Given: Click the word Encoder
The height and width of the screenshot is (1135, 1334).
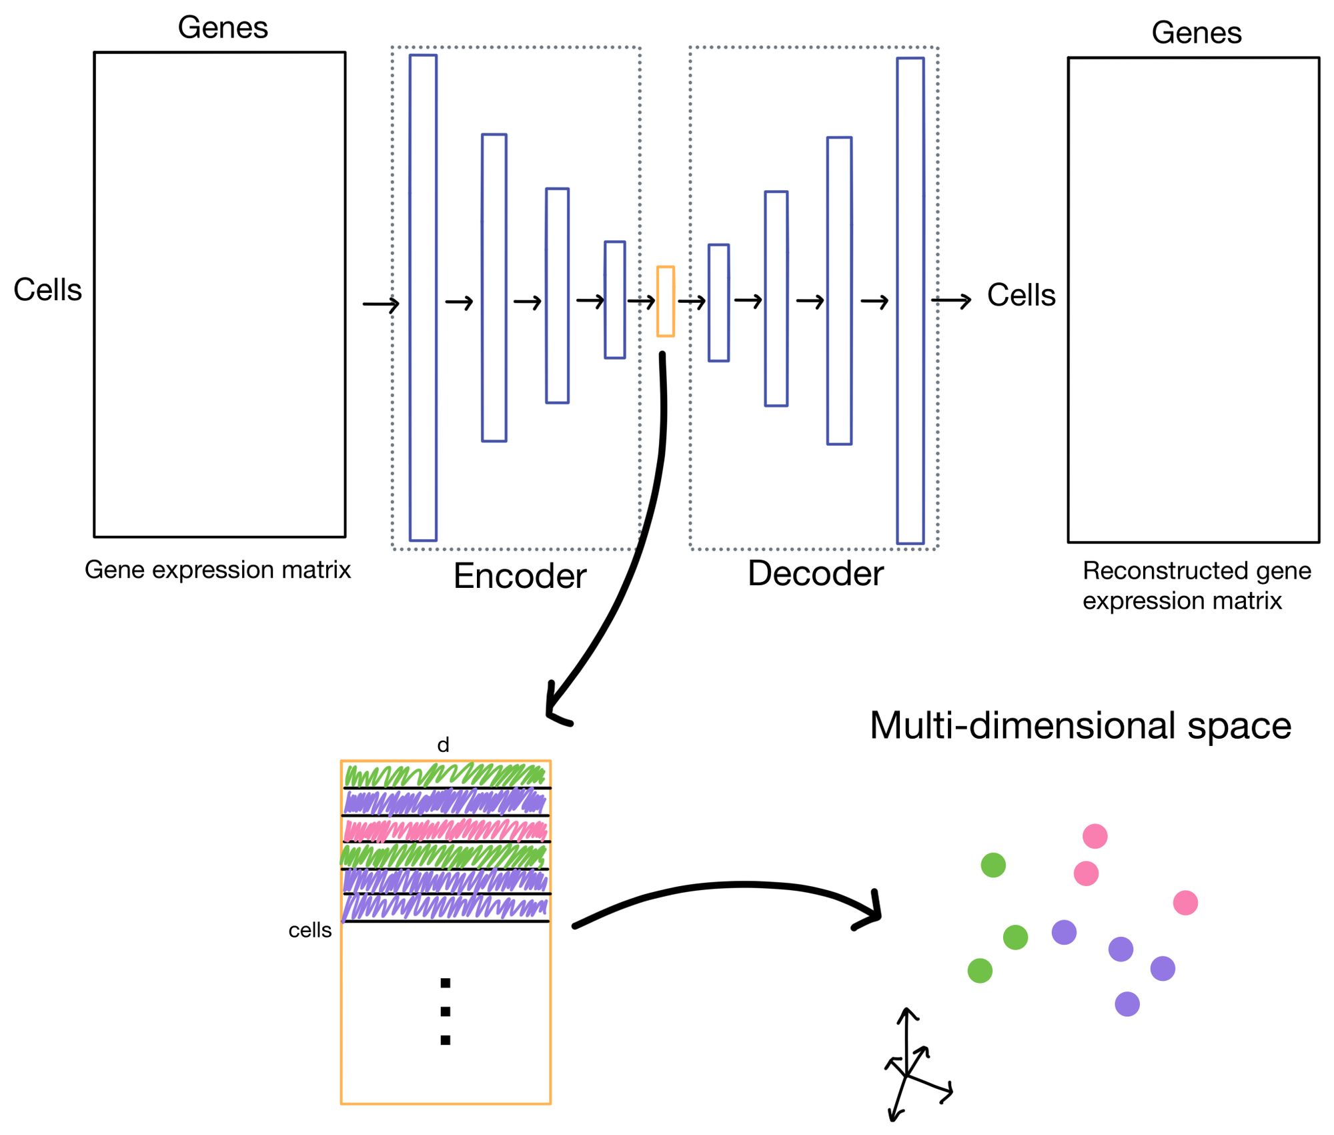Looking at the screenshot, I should click(x=520, y=576).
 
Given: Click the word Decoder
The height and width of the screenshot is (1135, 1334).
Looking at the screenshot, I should click(x=815, y=573).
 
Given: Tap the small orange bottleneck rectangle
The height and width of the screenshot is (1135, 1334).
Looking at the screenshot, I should click(x=665, y=301).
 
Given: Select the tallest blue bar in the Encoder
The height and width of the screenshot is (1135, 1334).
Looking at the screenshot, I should click(x=423, y=298).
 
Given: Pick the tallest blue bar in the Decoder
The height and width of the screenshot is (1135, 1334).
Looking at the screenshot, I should click(x=910, y=300).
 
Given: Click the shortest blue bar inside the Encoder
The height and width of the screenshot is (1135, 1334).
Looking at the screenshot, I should click(x=614, y=300).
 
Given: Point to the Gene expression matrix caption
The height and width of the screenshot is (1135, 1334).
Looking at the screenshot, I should click(x=217, y=569).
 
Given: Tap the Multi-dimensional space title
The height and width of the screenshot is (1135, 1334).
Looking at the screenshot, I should click(x=1080, y=725).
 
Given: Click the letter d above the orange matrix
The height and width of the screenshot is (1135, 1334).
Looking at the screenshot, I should click(x=443, y=745).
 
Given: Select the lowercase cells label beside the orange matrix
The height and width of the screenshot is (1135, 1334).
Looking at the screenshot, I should click(x=309, y=929).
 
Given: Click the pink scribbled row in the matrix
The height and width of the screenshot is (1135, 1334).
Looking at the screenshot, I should click(x=445, y=830).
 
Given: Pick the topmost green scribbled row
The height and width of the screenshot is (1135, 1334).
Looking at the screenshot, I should click(x=445, y=775).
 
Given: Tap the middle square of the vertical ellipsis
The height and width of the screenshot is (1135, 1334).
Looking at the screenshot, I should click(x=446, y=1012).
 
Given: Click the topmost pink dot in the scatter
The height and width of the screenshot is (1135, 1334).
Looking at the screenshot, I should click(x=1095, y=835).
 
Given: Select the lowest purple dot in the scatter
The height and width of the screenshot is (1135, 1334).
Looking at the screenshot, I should click(x=1127, y=1004).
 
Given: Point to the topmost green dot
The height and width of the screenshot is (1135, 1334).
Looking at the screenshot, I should click(x=992, y=865).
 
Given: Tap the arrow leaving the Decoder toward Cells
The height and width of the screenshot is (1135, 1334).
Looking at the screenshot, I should click(x=950, y=301).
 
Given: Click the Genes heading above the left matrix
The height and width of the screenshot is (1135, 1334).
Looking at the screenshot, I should click(x=223, y=27).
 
